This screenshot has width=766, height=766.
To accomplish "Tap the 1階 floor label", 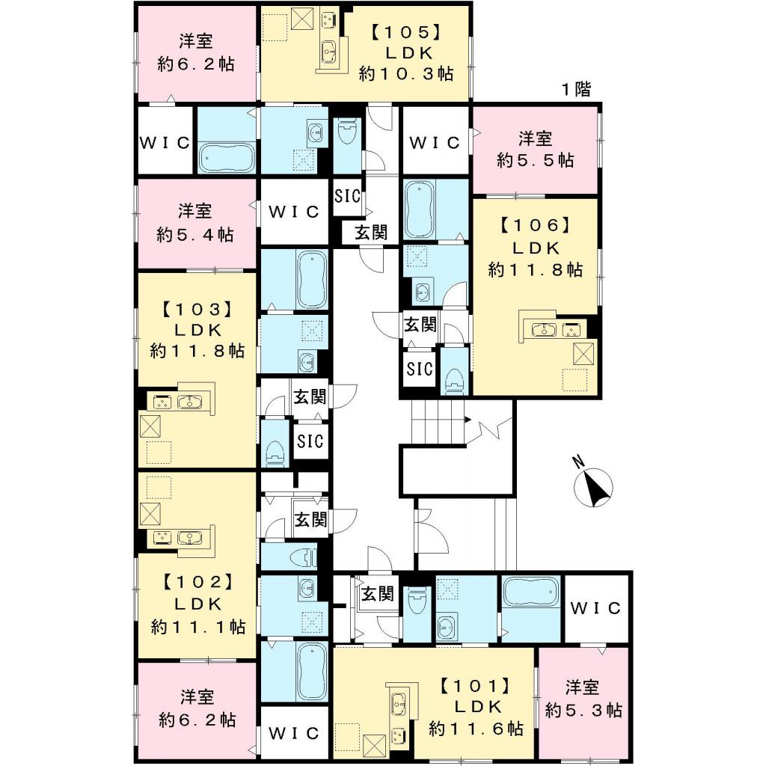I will pos(576,91).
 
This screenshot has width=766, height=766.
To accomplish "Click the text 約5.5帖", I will pos(536,160).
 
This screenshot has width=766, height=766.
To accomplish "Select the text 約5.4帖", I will pos(194,234).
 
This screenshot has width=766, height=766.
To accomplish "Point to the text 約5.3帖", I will pos(583,710).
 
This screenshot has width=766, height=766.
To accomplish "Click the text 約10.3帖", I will pos(405,73).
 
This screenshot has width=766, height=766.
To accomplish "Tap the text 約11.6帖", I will pos(475,727).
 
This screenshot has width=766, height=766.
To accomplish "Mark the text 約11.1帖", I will pos(197,626).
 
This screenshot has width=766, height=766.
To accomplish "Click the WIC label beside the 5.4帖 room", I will pos(294,212).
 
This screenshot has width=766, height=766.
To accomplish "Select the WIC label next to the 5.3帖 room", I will pos(596,608).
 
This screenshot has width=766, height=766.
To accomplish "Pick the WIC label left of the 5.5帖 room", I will pos(435,142).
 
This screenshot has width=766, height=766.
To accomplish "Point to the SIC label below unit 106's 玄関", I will pos(420,368).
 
